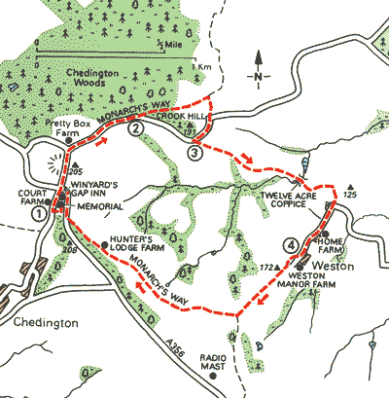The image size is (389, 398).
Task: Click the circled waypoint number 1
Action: click(x=38, y=212)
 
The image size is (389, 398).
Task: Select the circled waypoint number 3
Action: click(x=195, y=152)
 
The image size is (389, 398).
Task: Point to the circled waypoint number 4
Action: click(x=290, y=243)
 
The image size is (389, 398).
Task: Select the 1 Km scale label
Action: click(x=200, y=66)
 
